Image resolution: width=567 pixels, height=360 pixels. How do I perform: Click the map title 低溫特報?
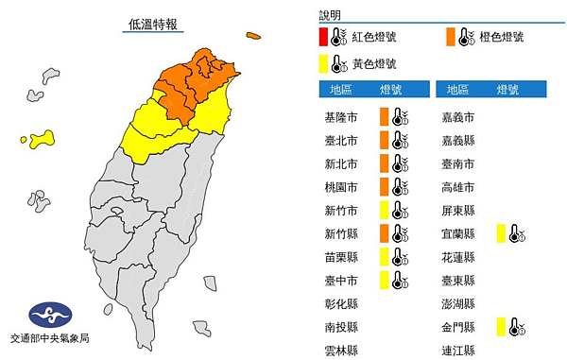coord(155,24)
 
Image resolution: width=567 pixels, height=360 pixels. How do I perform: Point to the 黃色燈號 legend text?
coord(375,64)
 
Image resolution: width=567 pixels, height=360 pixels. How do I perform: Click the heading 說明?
coord(331,15)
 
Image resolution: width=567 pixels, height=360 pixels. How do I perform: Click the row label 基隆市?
coord(340,117)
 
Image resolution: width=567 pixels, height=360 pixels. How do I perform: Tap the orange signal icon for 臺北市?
coord(385,140)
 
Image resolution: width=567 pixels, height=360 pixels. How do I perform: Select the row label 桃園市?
coord(340,186)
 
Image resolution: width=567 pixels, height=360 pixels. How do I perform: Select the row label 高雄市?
coord(459,186)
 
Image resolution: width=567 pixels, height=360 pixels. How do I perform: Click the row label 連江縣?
coord(459,349)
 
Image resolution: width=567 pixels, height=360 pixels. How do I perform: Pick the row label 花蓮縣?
coord(459,256)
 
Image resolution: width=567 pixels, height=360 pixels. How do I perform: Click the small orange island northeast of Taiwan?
coord(253,37)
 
